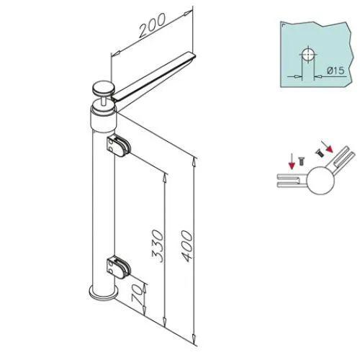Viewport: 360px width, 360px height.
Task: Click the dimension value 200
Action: click(153, 25)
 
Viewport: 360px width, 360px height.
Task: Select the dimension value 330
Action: click(158, 246)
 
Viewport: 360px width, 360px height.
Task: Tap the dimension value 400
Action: click(186, 246)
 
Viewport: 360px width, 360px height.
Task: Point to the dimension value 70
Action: click(137, 294)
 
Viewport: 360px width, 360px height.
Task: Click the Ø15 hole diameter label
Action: click(336, 71)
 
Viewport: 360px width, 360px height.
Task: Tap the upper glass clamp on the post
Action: click(119, 146)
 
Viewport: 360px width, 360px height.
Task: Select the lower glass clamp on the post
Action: click(119, 268)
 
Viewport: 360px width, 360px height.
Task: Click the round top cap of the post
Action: click(104, 88)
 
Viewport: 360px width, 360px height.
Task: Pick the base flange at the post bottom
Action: click(104, 293)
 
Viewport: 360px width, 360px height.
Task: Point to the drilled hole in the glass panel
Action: click(308, 55)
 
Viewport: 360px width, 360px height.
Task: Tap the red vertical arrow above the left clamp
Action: click(292, 162)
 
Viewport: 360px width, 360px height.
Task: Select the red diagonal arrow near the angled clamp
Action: click(327, 147)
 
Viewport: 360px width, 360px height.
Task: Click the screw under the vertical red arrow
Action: click(301, 161)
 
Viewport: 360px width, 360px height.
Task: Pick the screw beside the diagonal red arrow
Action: click(319, 153)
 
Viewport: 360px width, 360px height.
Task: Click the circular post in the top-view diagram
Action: click(321, 180)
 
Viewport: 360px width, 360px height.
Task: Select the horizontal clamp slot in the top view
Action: click(292, 180)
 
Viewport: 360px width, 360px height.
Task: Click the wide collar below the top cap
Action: click(104, 120)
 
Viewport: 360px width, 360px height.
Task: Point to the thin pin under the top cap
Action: click(104, 99)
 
